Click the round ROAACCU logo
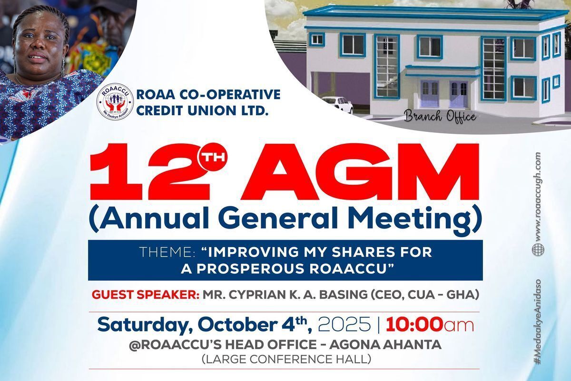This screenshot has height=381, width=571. (x=115, y=101)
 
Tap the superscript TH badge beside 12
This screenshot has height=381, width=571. (x=213, y=156)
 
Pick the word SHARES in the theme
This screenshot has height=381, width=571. (x=362, y=252)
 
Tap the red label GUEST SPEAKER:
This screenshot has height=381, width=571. (x=146, y=295)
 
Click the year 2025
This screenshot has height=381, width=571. (x=345, y=324)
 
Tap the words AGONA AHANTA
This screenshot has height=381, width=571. (x=385, y=345)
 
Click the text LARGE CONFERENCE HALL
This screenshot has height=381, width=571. (x=286, y=359)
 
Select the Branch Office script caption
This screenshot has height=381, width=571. (x=440, y=117)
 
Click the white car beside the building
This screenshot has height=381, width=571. (x=338, y=104)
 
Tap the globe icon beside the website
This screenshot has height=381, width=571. (x=538, y=250)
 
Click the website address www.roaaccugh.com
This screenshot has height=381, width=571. (x=538, y=197)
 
